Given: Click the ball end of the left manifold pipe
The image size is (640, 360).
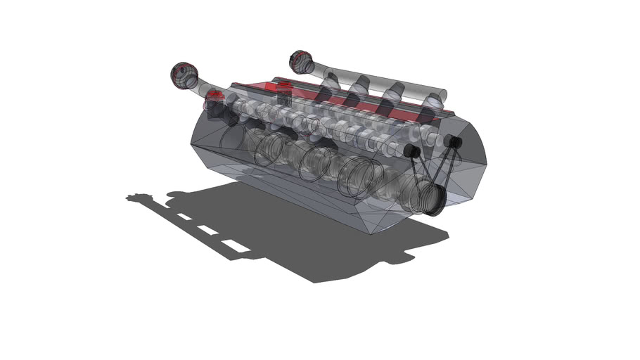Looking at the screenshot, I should click(x=184, y=75).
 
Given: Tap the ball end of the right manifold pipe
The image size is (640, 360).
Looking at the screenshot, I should click(x=302, y=62).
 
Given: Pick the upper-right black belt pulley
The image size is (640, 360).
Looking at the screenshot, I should click(x=454, y=143).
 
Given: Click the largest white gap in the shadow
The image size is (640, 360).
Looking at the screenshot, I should click(x=233, y=245).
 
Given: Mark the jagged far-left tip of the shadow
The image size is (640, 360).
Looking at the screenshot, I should click(x=131, y=198).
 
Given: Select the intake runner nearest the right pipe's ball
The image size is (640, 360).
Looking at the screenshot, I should click(x=329, y=81).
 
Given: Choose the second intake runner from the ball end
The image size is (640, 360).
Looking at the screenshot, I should click(x=361, y=89).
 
